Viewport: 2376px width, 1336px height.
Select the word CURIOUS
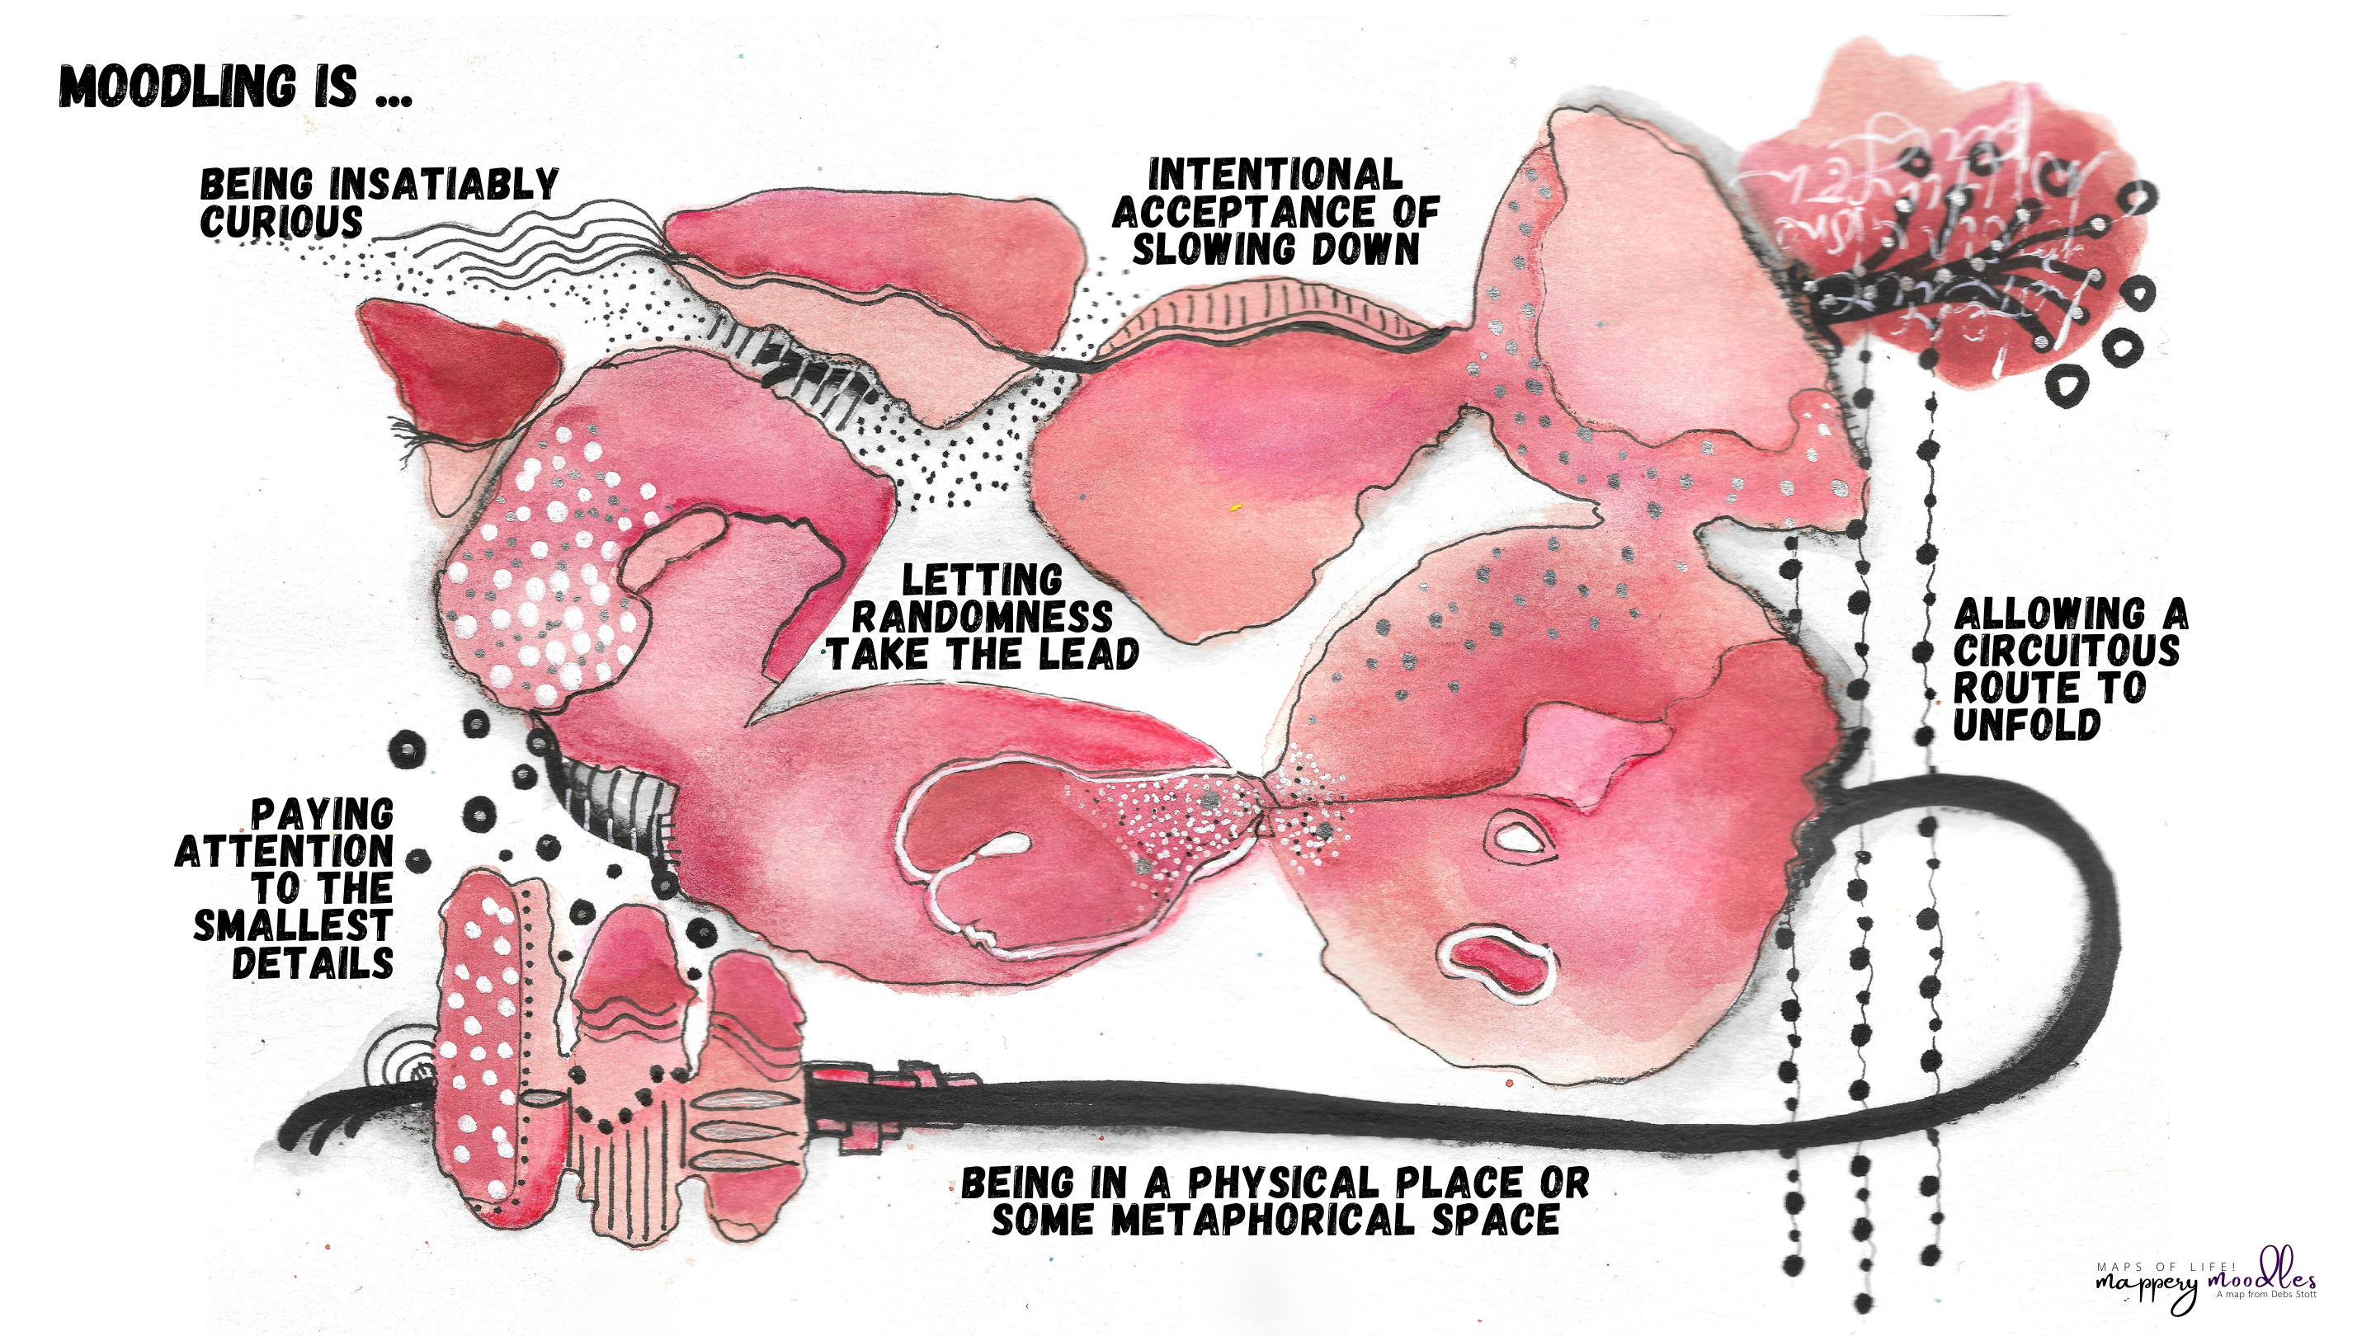[282, 222]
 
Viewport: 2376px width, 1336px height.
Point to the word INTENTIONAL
[1275, 174]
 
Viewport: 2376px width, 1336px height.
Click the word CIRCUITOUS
[2066, 652]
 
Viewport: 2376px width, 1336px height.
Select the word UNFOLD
[2026, 726]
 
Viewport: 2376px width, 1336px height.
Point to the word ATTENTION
[284, 852]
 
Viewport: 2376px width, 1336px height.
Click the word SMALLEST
[294, 925]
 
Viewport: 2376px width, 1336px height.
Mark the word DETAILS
[313, 963]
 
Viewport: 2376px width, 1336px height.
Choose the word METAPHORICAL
[1264, 1220]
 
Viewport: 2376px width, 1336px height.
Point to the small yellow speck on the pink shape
[1236, 507]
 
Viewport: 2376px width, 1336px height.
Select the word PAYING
[323, 815]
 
